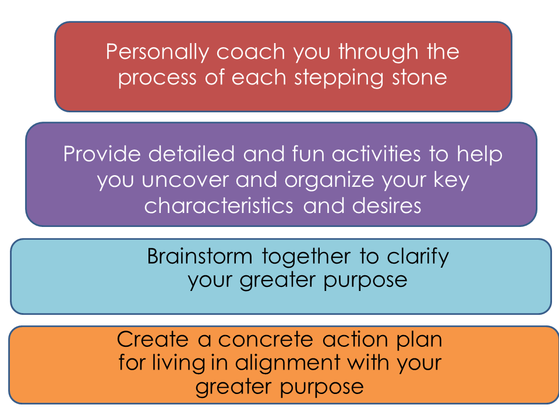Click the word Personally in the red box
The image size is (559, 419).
coord(157,52)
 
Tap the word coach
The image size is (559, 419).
coord(251,52)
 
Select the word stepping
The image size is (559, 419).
coord(339,78)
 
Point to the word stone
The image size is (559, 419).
coord(420,77)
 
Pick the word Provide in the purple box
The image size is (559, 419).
coord(102,154)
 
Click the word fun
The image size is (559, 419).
coord(308,154)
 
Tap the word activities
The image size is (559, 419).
coord(376,154)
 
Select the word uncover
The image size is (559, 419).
coord(185,180)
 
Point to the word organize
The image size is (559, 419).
coord(330,181)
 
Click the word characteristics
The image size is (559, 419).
coord(218,206)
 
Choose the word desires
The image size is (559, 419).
coord(387,206)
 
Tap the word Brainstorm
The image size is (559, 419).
coord(200,256)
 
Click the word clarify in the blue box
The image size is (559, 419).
coord(418,257)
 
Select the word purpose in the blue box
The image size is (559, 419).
coord(366,280)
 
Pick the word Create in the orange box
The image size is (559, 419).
coord(153,339)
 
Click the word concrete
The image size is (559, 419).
coord(266,340)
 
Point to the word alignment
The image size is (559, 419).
coord(287,363)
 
